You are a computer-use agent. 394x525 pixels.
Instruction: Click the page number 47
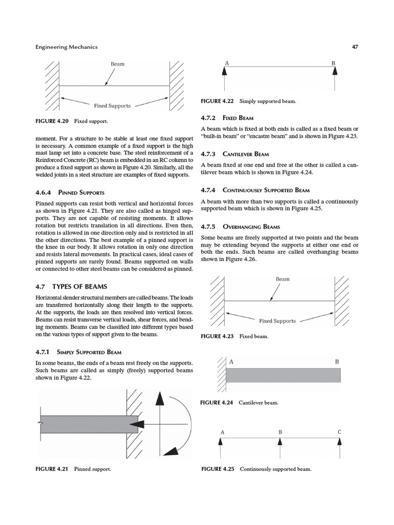tap(354, 47)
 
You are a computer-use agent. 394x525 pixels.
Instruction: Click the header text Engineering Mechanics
tap(66, 47)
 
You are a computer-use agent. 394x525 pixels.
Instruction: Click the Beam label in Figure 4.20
tap(117, 64)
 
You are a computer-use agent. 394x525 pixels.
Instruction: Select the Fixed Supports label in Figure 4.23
tap(277, 320)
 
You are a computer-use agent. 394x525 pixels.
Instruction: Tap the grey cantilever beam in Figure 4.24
tap(283, 375)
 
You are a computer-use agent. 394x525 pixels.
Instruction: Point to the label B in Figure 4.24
tap(337, 361)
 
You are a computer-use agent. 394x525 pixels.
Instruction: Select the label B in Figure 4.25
tap(280, 432)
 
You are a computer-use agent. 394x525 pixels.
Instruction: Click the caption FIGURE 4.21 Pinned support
tap(74, 469)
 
